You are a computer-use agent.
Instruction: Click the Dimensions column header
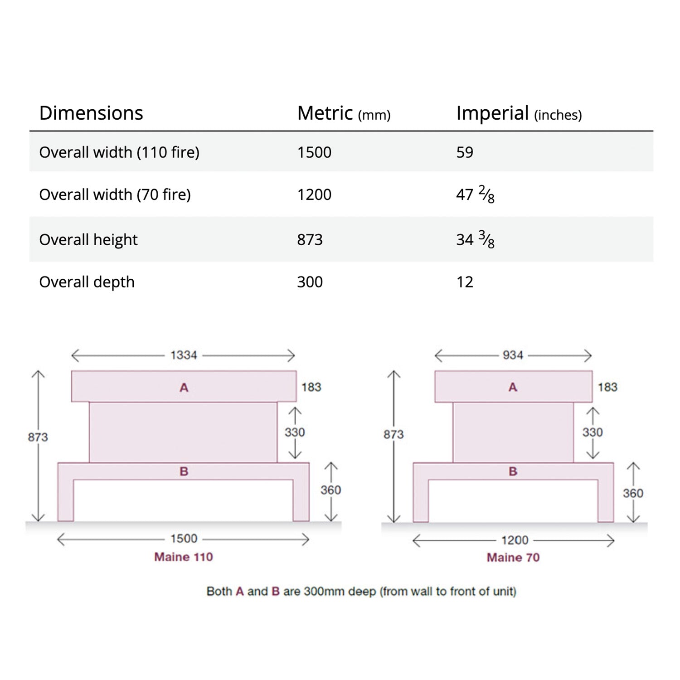tap(91, 113)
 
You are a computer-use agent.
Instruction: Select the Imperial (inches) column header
tap(519, 113)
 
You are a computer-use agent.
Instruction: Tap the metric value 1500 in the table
tap(314, 152)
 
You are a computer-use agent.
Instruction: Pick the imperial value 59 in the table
tap(465, 152)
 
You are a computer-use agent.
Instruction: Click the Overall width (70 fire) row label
tap(115, 194)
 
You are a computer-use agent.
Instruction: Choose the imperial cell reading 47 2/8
tap(475, 194)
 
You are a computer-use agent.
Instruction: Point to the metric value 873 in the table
tap(310, 239)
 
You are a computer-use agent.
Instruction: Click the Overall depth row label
tap(87, 282)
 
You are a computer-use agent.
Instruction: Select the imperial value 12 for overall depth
tap(465, 282)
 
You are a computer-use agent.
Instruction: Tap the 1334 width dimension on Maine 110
tap(184, 355)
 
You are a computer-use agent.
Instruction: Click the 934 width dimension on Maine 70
tap(513, 355)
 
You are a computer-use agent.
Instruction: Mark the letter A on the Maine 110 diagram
tap(184, 388)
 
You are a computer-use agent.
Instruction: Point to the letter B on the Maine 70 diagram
tap(513, 471)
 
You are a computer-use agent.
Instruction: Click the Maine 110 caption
tap(184, 557)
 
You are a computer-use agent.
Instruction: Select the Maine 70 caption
tap(513, 557)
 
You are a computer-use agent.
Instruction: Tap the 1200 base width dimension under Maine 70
tap(515, 540)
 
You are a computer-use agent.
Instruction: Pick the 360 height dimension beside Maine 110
tap(330, 490)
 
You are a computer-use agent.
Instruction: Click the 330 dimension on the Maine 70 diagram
tap(593, 432)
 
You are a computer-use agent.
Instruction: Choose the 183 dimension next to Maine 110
tap(311, 387)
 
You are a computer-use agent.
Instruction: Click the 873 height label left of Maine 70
tap(393, 434)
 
